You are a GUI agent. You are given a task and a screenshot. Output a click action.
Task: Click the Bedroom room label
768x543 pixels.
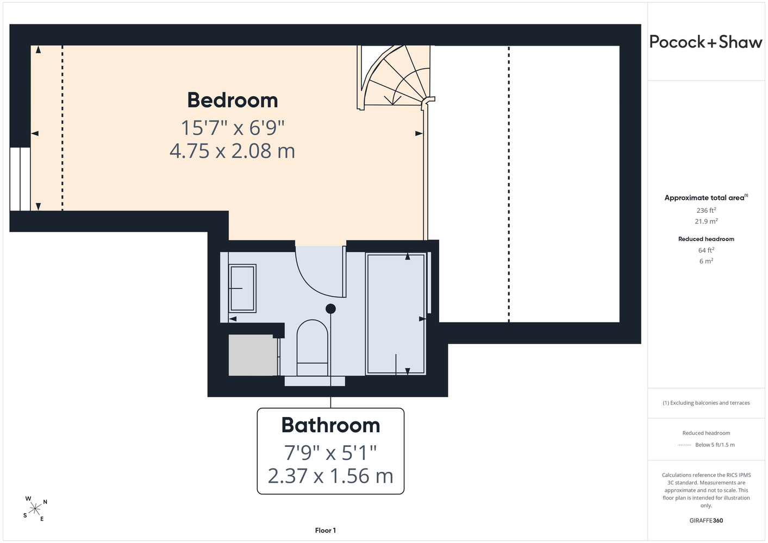click(233, 100)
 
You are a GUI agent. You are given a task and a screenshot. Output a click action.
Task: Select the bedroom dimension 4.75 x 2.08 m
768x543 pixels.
click(233, 151)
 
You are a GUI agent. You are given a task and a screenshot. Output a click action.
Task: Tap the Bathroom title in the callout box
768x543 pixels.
click(330, 425)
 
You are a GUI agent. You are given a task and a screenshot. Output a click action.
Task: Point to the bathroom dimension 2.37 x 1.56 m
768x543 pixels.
click(330, 476)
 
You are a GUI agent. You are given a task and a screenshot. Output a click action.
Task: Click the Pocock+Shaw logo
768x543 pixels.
click(705, 42)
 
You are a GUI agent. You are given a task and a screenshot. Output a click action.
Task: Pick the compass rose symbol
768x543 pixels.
click(35, 509)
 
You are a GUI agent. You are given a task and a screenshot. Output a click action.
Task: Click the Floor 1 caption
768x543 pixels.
click(326, 531)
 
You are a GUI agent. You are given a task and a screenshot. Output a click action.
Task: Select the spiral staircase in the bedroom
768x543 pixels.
click(396, 78)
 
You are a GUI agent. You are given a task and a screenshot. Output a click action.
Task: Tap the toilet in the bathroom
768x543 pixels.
click(312, 348)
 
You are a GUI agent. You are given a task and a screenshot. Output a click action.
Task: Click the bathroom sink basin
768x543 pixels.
click(242, 288)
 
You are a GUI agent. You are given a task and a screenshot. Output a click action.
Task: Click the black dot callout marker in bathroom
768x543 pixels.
click(330, 308)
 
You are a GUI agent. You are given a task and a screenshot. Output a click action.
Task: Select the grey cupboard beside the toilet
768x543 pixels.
click(253, 355)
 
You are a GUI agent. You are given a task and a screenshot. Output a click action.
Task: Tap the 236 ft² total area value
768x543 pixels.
click(706, 210)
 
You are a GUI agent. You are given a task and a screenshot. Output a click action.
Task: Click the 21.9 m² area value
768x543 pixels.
click(706, 222)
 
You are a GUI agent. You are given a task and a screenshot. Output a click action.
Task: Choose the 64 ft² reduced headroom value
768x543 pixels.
click(706, 250)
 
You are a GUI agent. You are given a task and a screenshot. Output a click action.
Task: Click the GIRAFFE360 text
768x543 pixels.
click(706, 520)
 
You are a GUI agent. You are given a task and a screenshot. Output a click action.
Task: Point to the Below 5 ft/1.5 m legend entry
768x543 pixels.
click(715, 445)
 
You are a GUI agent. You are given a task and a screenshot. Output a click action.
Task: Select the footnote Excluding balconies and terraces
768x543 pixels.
click(706, 403)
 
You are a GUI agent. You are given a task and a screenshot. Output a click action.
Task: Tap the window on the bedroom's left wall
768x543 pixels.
click(20, 179)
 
